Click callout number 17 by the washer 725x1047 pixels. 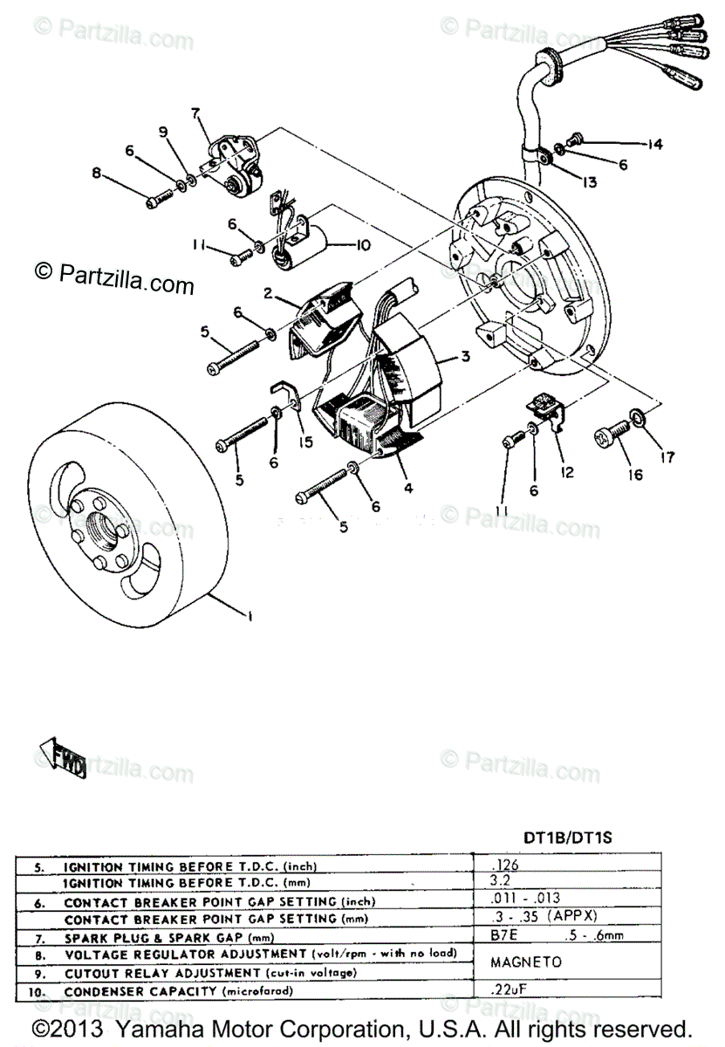coord(667,455)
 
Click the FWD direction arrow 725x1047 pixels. coord(62,758)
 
